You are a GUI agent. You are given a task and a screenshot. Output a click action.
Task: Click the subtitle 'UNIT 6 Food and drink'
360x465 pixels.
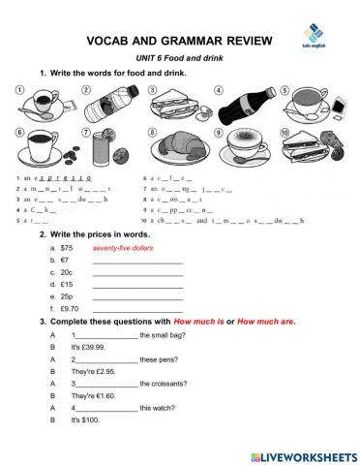180,60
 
